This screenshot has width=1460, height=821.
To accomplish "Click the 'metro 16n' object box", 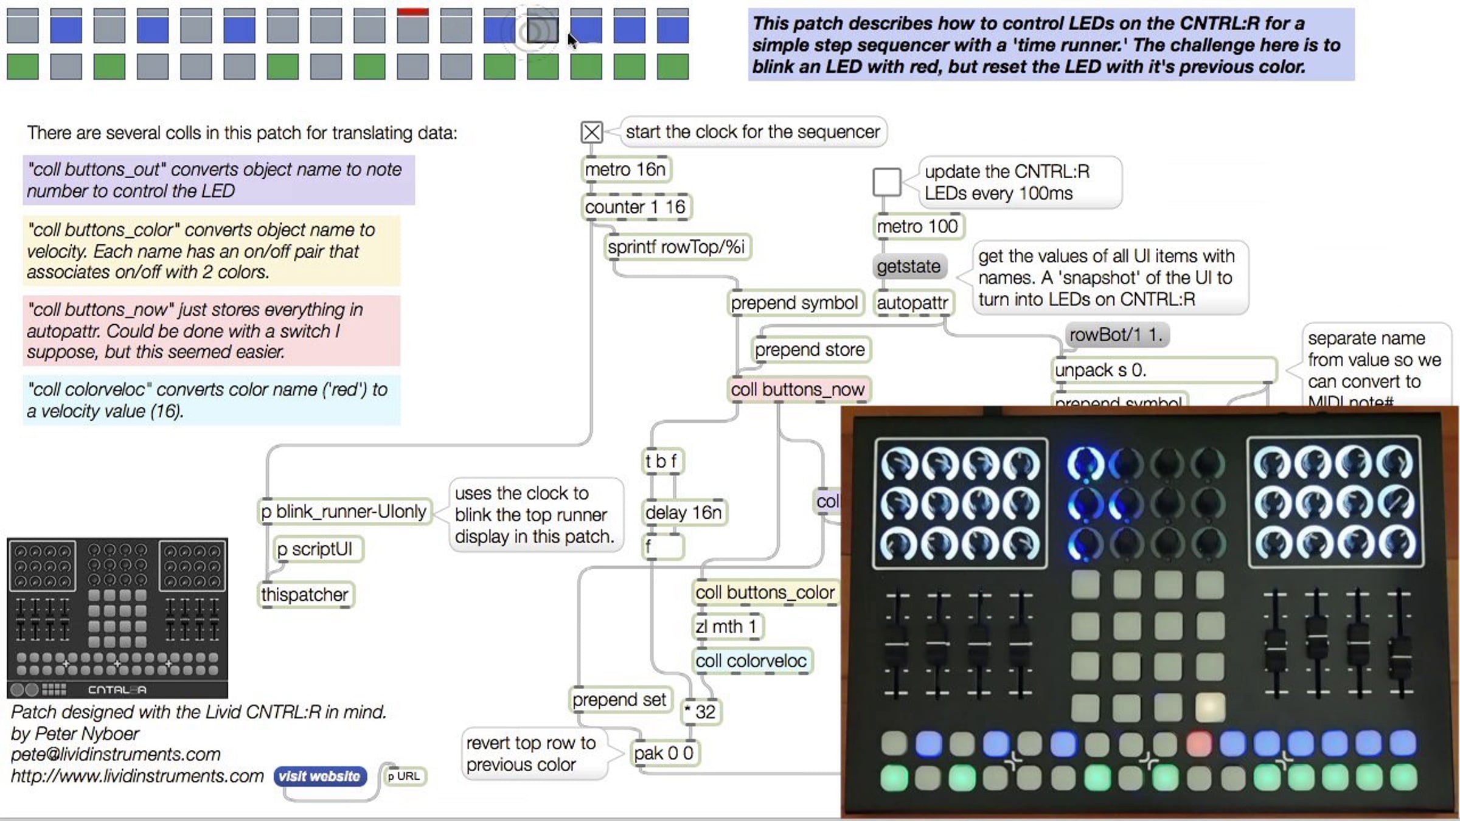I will [625, 170].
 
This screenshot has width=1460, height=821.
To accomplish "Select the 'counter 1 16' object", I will [636, 207].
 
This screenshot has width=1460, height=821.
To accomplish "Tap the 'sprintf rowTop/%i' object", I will [676, 248].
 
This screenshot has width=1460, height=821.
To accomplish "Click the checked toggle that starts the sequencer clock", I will [591, 132].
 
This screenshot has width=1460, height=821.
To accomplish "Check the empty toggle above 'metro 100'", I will [886, 181].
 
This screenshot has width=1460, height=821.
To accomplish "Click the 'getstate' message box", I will [908, 266].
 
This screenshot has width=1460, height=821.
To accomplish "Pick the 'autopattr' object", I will [912, 302].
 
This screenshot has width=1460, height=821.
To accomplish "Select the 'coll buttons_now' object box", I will [798, 390].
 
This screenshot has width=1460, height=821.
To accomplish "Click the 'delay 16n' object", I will [683, 513].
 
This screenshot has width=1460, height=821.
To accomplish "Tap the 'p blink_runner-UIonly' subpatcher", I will [344, 512].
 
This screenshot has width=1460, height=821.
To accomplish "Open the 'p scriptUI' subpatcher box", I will [315, 549].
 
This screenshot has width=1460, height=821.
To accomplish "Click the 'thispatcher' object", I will [305, 594].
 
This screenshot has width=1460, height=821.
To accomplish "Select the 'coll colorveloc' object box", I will [751, 661].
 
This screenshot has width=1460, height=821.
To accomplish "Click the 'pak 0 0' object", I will [663, 753].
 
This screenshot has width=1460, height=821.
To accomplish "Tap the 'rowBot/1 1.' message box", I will [1116, 335].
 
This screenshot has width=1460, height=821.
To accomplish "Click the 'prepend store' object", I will [810, 350].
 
